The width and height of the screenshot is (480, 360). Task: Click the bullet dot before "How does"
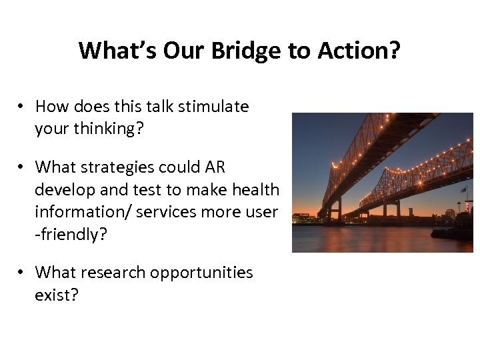22,107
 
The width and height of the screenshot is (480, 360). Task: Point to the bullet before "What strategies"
22,167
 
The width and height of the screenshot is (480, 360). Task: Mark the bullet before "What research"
22,273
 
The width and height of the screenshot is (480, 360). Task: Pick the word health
255,190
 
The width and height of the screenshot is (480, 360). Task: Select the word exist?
57,295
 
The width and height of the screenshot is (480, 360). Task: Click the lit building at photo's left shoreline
304,218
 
